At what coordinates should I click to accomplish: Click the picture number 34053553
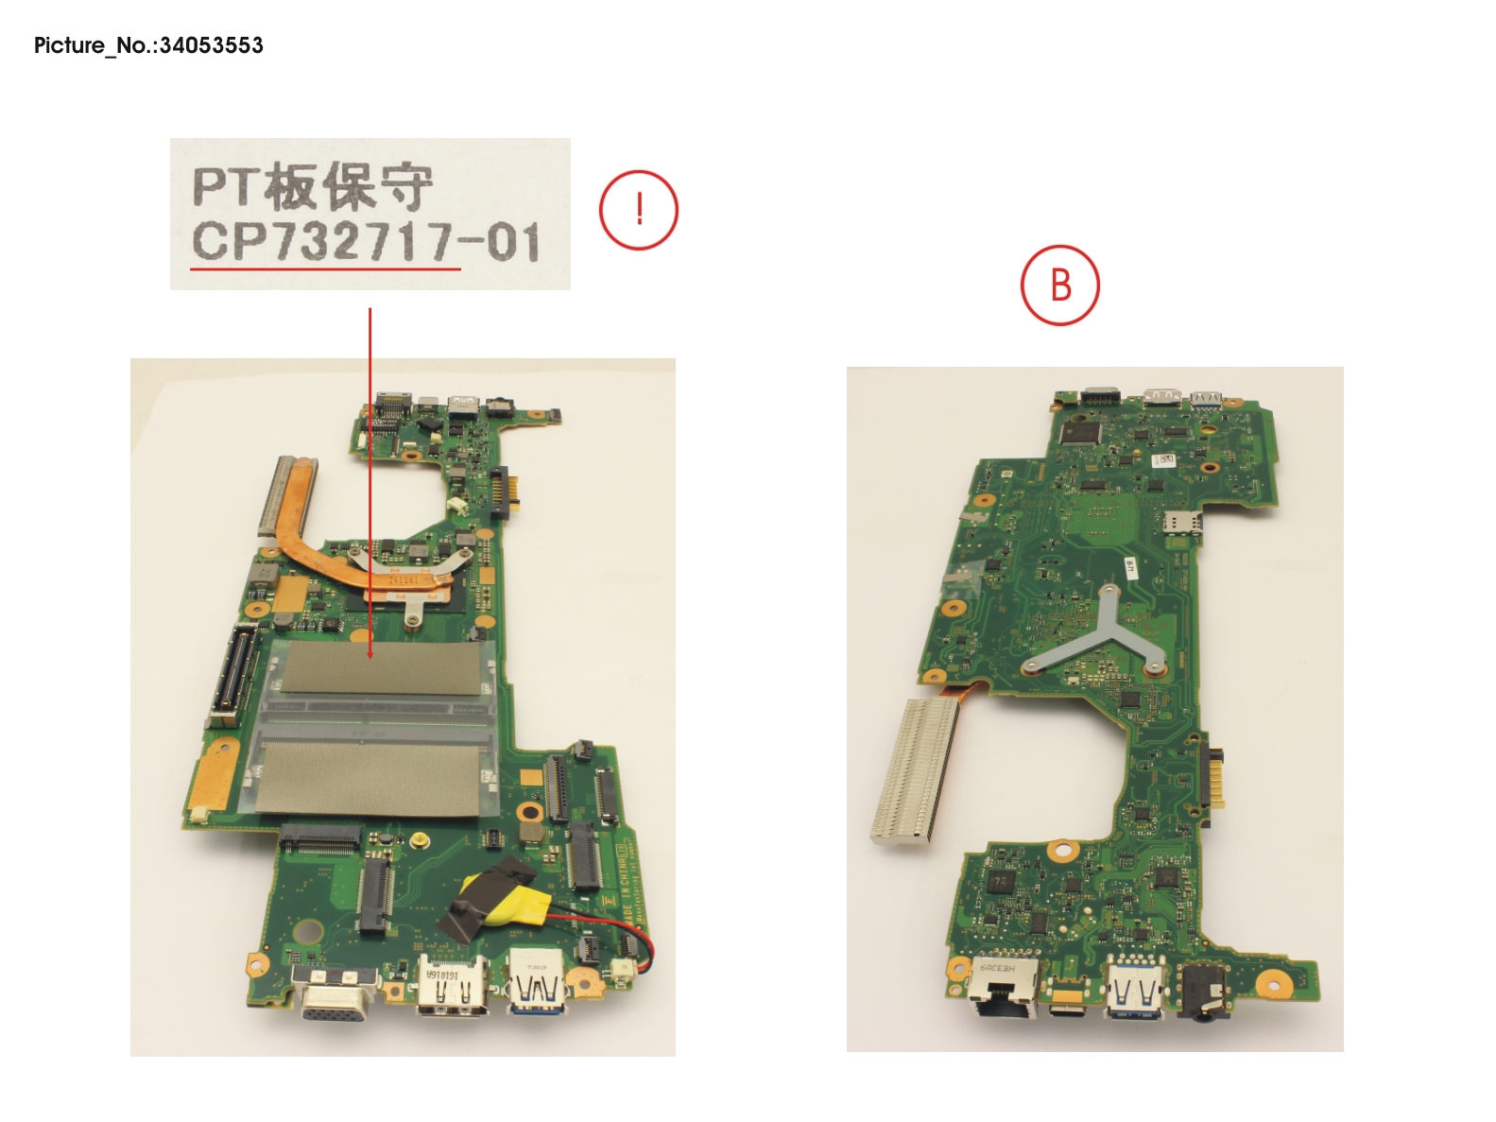[211, 45]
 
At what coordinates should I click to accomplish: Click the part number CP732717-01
[366, 242]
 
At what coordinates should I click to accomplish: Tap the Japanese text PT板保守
[313, 186]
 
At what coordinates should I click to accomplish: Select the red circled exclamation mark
[639, 210]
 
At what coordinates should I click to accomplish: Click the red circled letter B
[1060, 285]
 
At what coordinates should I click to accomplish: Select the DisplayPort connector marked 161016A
[454, 988]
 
